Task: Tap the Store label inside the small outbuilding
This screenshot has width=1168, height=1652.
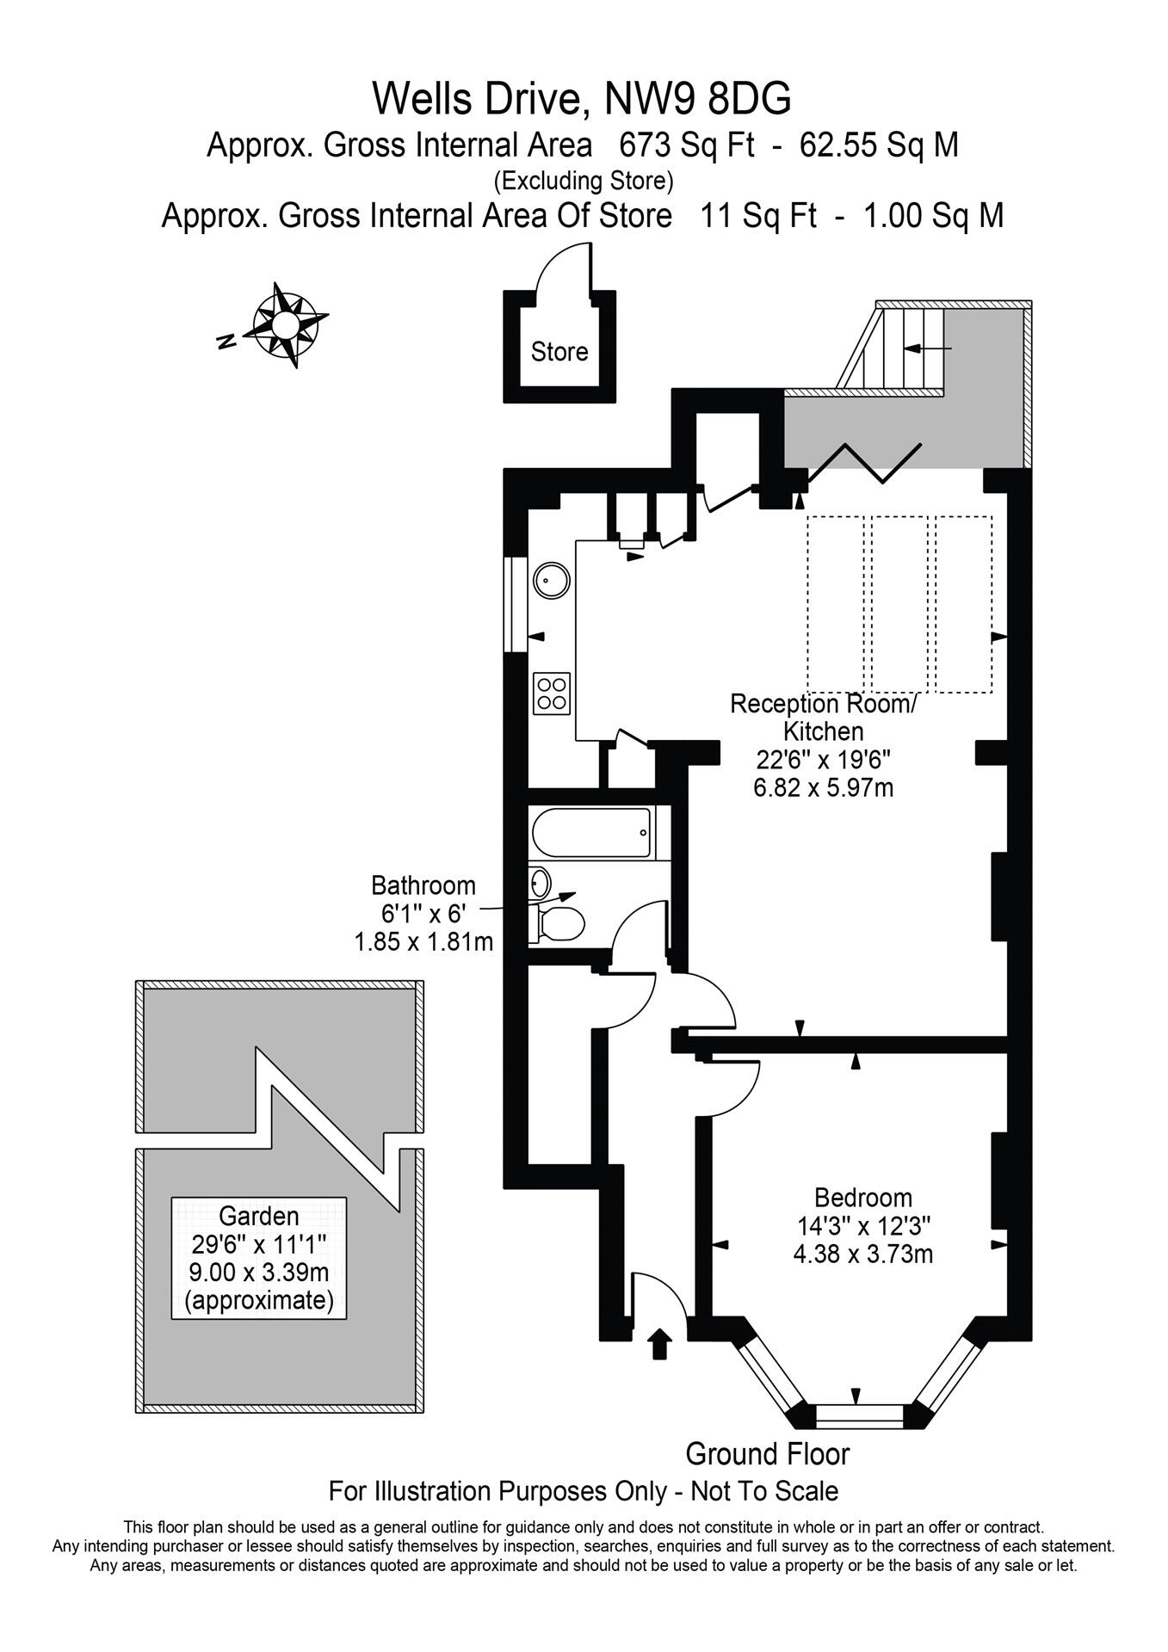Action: pos(559,352)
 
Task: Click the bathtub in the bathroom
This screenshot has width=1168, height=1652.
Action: pos(593,833)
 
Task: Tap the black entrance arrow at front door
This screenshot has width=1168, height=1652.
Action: pos(660,1343)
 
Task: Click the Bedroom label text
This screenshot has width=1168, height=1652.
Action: pos(862,1198)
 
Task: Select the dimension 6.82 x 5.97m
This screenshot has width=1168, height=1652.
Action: pos(823,786)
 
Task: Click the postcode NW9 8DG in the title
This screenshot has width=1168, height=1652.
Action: pos(698,99)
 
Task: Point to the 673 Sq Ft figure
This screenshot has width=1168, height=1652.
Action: pos(686,145)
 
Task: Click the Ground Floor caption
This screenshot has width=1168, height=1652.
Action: pos(767,1454)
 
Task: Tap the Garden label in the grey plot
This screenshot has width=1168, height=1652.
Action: pos(259,1216)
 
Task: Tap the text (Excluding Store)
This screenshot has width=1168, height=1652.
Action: pos(583,181)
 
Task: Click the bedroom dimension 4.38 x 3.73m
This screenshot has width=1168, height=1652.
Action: pos(862,1254)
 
